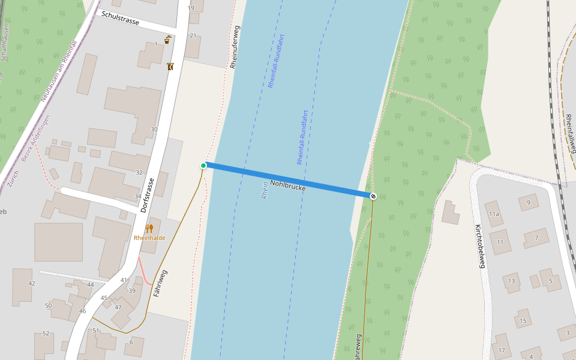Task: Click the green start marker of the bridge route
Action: [203, 166]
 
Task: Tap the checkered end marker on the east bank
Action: [373, 196]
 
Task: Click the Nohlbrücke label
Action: [288, 185]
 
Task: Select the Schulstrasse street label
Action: [121, 18]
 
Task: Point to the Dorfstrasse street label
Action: [148, 196]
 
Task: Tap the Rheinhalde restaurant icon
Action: [149, 229]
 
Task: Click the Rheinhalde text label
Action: [149, 238]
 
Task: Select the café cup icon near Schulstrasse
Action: [167, 40]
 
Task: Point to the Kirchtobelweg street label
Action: [483, 247]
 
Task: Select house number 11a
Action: [494, 214]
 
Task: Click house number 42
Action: [32, 283]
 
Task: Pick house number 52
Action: [46, 334]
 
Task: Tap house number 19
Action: [191, 8]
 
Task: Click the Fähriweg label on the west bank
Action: [160, 283]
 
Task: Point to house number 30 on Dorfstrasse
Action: [154, 130]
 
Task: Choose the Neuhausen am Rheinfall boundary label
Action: [59, 71]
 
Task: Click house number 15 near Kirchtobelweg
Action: [523, 321]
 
